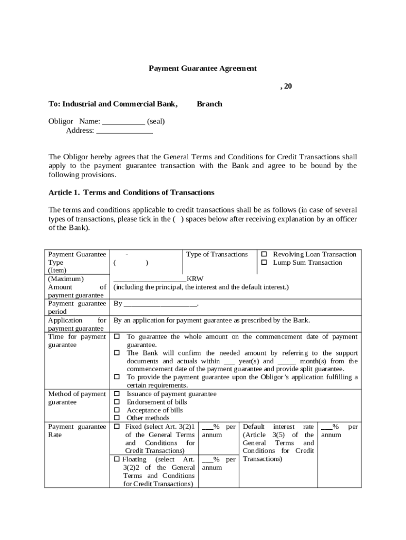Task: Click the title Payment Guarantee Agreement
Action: click(x=202, y=69)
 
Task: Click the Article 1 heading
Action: click(x=131, y=192)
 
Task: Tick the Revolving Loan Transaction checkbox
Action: click(x=265, y=255)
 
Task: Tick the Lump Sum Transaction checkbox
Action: click(x=265, y=263)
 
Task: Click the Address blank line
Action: click(x=124, y=131)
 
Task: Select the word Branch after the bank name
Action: click(x=209, y=104)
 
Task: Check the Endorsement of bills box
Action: click(x=117, y=402)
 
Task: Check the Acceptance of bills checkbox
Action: click(x=117, y=410)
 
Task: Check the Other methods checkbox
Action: click(x=117, y=418)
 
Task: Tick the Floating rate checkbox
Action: click(x=117, y=459)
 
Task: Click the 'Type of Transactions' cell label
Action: click(x=217, y=255)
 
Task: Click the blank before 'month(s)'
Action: click(x=286, y=362)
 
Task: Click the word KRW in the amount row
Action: click(x=195, y=279)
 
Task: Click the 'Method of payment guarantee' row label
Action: click(x=77, y=398)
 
